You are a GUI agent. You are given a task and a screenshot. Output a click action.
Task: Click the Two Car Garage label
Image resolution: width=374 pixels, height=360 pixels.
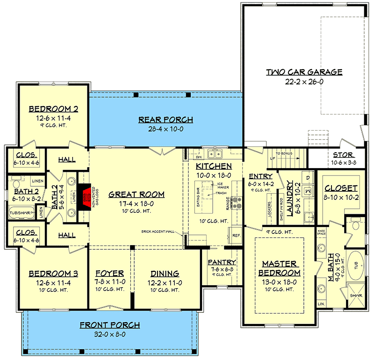304,72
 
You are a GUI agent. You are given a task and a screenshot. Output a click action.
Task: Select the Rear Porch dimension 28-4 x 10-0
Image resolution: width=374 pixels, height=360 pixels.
165,128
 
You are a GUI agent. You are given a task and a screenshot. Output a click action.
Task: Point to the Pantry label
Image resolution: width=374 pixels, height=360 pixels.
222,262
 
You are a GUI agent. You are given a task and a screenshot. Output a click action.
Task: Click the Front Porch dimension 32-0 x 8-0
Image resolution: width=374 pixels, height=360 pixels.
109,334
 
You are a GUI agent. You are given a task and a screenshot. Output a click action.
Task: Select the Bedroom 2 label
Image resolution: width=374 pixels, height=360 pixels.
53,109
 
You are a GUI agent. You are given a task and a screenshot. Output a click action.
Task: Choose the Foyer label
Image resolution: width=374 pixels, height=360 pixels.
109,273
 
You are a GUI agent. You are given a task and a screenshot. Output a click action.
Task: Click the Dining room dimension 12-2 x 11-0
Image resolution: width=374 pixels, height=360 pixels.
165,282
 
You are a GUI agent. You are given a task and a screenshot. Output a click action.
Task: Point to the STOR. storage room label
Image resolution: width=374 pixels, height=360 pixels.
344,155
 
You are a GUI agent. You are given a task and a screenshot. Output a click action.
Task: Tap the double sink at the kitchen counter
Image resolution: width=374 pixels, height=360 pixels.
216,154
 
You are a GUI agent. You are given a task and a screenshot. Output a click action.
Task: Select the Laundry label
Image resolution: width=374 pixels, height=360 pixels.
290,198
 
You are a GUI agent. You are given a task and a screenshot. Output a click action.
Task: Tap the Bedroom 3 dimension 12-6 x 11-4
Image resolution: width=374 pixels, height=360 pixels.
53,282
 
